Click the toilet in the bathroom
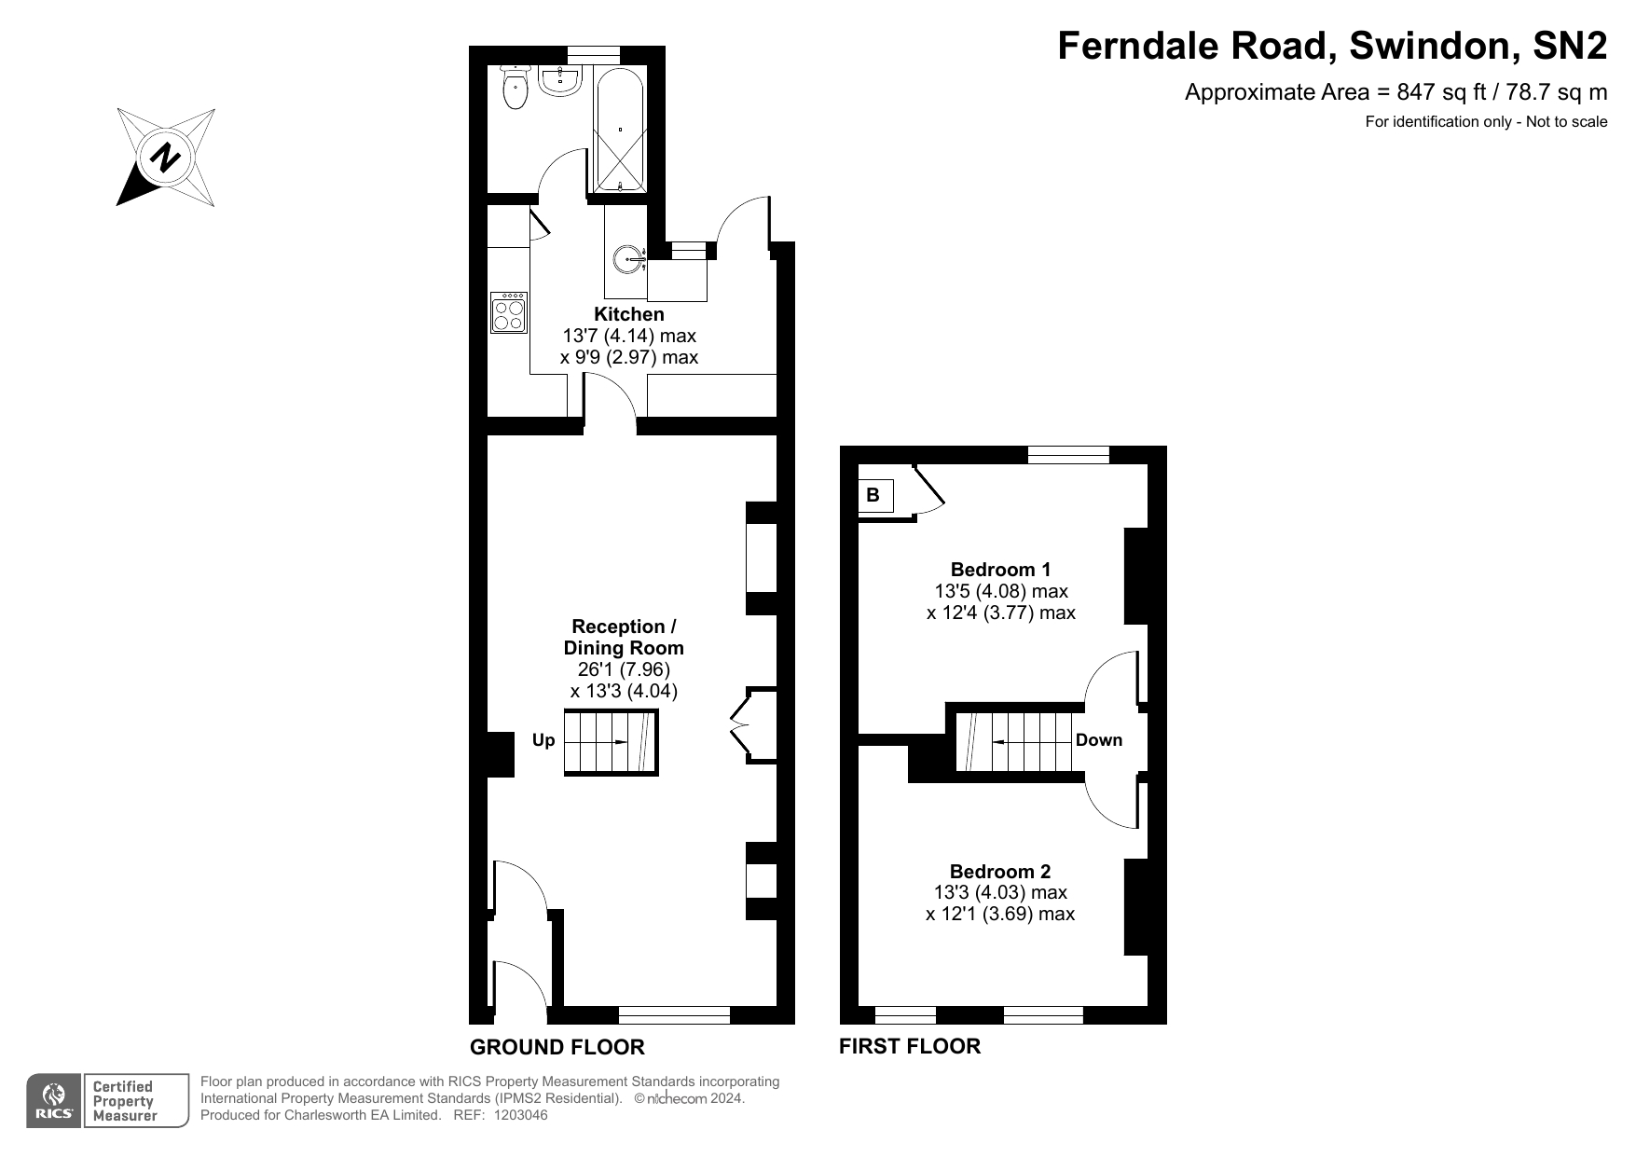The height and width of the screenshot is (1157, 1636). coord(515,90)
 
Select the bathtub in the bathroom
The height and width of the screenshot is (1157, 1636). coord(619,130)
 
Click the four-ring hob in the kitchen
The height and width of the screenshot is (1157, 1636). coord(509,313)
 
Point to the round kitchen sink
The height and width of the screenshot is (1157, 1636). coord(629,258)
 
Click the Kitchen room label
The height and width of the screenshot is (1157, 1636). coord(629,314)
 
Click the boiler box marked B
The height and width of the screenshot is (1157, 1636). coord(874,495)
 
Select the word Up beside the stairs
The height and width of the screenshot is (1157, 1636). coord(543,740)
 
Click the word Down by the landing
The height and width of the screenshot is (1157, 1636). coord(1098,740)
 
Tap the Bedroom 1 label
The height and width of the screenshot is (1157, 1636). coord(1000,569)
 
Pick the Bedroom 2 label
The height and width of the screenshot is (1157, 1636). coord(1000,872)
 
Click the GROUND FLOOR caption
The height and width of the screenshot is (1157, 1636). coord(557,1047)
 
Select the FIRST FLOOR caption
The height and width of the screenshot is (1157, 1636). coord(909,1046)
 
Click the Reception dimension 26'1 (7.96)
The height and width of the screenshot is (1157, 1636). coord(623,669)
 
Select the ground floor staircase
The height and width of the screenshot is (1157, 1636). coord(611,742)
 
